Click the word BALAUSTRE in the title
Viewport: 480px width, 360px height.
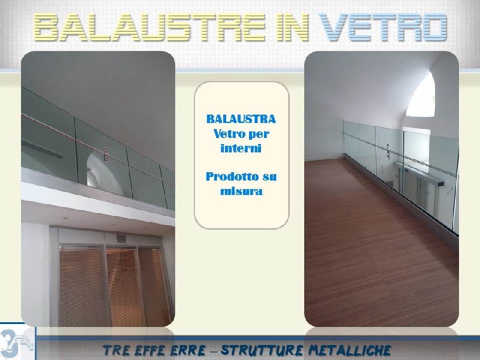(x=149, y=27)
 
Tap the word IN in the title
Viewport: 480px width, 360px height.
(x=292, y=27)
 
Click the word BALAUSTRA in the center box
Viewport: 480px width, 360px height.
(x=241, y=119)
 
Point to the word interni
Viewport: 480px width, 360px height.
(x=241, y=148)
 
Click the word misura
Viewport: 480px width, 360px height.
(x=242, y=191)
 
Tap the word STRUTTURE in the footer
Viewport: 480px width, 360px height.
(x=262, y=350)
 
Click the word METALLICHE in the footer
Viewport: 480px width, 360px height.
(x=350, y=350)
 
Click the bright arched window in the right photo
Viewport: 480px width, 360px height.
(x=422, y=95)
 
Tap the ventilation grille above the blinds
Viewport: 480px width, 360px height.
(x=121, y=238)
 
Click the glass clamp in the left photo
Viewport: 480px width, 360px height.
(x=106, y=155)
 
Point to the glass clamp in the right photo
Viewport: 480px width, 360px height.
(x=388, y=152)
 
